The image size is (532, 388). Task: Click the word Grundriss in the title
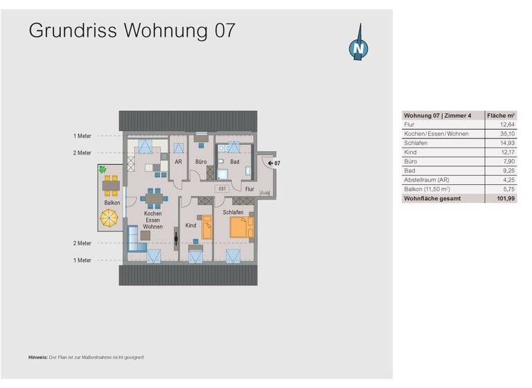71,30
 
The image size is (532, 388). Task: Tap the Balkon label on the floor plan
112,202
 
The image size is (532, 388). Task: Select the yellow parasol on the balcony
110,218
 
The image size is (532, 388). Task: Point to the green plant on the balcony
103,168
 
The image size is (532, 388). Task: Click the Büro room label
201,162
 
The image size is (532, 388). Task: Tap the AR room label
178,162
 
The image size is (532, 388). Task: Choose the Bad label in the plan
235,162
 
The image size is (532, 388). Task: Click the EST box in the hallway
223,188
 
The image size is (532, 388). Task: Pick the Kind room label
191,225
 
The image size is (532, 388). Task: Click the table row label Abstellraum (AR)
427,179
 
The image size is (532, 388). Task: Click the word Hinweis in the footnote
38,357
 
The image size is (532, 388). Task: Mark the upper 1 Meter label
82,136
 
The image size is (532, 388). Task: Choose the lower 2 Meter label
82,243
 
